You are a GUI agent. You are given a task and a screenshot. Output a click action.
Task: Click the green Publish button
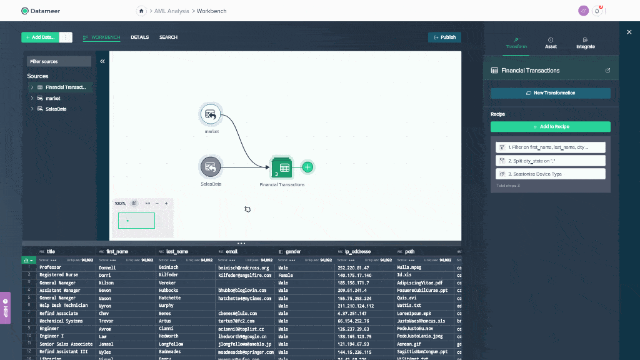pos(444,37)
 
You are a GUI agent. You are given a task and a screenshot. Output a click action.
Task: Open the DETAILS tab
pos(139,37)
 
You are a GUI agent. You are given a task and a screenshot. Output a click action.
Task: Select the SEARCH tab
pos(168,37)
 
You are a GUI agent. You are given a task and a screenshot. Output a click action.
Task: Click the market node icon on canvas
pos(211,114)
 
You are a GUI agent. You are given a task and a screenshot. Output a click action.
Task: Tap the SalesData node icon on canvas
pos(211,167)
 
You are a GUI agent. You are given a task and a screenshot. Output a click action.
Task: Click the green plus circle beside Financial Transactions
pos(307,167)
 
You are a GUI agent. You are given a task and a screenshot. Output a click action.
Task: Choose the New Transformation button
pos(550,93)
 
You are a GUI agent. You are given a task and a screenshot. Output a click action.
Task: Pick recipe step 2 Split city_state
pos(550,161)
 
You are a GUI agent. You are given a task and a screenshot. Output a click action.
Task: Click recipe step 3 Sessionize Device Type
pos(550,174)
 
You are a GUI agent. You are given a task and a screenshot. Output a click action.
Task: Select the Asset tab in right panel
pos(551,43)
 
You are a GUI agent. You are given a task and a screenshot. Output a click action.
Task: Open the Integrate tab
pos(586,43)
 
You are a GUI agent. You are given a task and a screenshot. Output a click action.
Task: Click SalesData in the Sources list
pos(55,109)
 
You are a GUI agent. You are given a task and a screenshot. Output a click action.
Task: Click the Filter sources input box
pos(59,61)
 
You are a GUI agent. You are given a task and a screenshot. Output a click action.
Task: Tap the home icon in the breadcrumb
pos(142,11)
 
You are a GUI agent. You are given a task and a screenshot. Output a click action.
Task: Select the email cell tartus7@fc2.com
pos(237,321)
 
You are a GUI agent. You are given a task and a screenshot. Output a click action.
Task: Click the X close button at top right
pos(629,32)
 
